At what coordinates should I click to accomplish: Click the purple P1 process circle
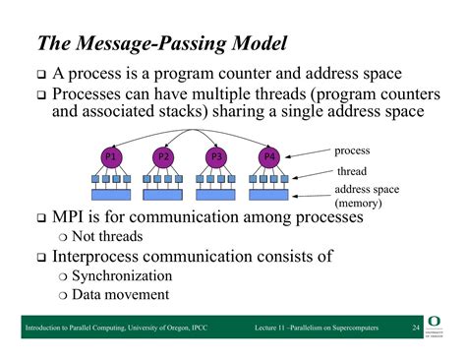[112, 156]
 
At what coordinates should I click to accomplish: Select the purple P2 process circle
[165, 156]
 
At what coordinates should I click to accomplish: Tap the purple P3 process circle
[217, 156]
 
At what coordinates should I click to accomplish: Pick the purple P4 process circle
[268, 156]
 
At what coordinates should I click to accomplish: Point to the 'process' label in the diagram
[352, 150]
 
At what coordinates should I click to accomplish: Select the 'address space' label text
[367, 189]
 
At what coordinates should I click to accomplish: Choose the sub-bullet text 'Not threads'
[108, 236]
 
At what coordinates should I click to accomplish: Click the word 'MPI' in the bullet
[71, 216]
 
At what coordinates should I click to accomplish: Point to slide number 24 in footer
[416, 327]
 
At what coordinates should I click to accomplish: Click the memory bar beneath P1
[112, 195]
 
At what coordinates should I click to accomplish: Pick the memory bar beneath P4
[268, 195]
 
